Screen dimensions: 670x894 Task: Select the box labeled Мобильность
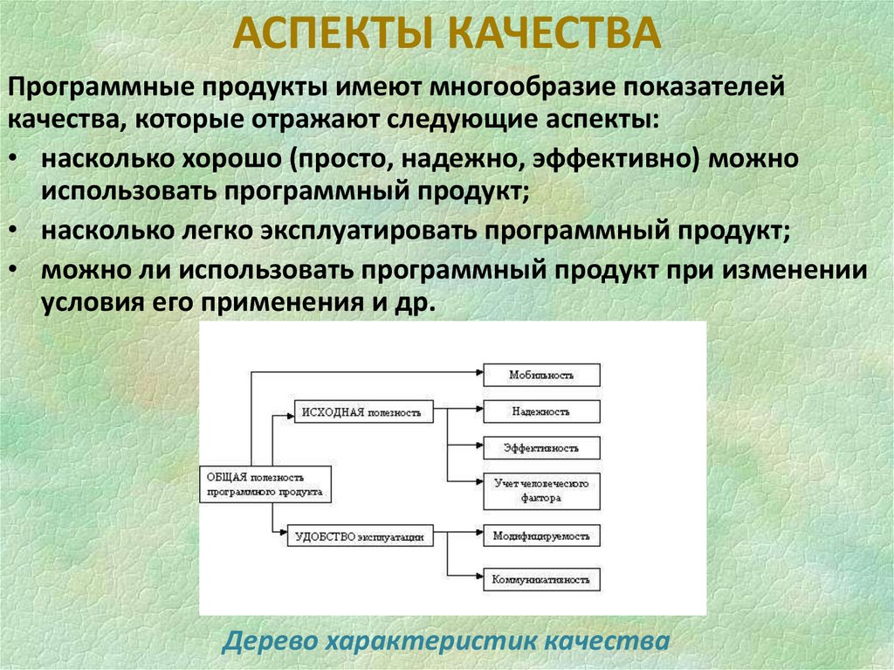click(541, 374)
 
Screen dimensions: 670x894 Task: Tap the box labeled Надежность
click(541, 411)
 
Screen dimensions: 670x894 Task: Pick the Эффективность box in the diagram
click(541, 448)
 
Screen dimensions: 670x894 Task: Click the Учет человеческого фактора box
click(541, 491)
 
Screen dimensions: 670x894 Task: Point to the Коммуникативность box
click(541, 578)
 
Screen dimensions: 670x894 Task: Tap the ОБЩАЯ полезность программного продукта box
click(265, 484)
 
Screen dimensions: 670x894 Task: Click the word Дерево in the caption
click(271, 641)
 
